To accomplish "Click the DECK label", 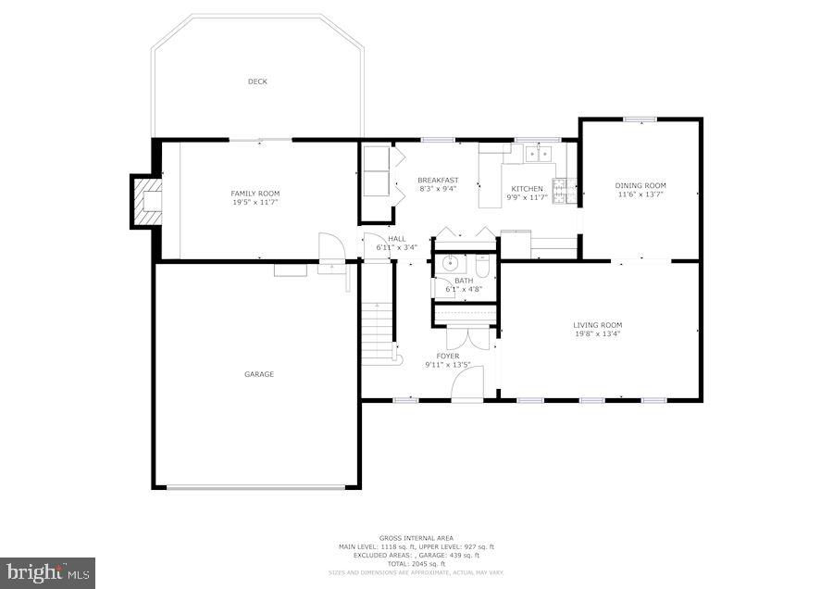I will (x=257, y=81).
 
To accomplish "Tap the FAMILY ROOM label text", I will (x=255, y=194).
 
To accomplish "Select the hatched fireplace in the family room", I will (x=147, y=203).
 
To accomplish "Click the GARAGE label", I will (x=258, y=374).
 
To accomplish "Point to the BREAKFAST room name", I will (x=438, y=180).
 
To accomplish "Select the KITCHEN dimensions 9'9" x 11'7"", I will (x=527, y=197).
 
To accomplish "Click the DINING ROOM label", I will (x=640, y=185).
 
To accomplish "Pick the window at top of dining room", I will (x=640, y=119).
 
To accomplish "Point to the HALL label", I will (x=396, y=239).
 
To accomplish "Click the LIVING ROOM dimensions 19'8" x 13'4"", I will (x=597, y=333).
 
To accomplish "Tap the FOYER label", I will (x=448, y=356).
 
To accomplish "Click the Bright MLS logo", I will (x=48, y=572).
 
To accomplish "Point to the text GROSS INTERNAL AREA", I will (x=415, y=537).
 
